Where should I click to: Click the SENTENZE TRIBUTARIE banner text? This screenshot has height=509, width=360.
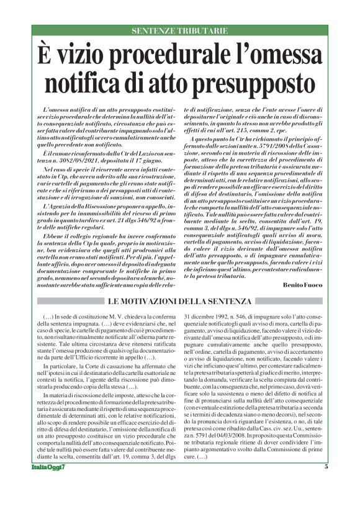pyautogui.click(x=180, y=30)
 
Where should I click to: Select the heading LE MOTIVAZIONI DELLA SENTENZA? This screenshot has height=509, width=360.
pyautogui.click(x=180, y=301)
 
